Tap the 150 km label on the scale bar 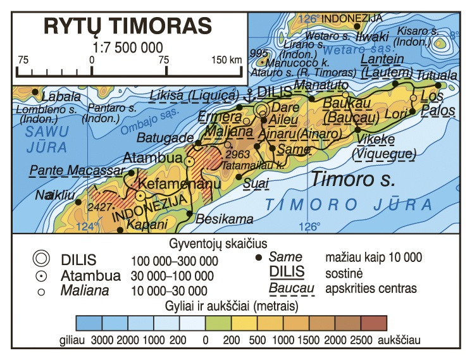[227, 60]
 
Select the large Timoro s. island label [352, 179]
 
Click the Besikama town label [225, 220]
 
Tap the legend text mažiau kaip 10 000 [373, 258]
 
